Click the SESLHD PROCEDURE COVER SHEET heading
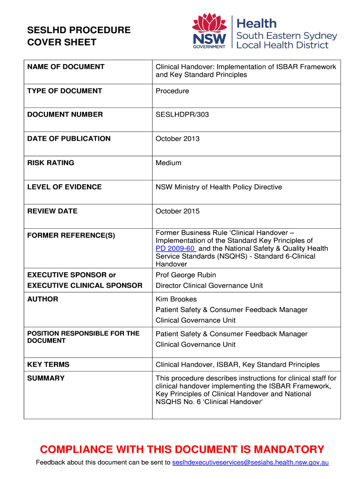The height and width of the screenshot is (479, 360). click(79, 36)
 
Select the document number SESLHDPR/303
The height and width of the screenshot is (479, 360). click(182, 115)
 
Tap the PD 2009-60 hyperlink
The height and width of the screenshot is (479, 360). click(175, 248)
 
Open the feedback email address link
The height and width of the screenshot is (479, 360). click(250, 463)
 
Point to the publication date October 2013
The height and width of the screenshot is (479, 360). click(178, 138)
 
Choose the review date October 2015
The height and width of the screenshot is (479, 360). click(178, 211)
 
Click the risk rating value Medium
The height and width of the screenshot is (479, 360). click(168, 163)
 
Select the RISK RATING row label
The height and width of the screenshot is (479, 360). click(50, 163)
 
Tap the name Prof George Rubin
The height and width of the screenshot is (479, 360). click(186, 275)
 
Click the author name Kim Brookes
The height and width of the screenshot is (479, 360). click(176, 299)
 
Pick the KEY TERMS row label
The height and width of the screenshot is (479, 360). click(48, 364)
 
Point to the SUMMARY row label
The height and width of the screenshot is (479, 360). click(46, 378)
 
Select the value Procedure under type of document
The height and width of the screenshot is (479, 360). click(172, 91)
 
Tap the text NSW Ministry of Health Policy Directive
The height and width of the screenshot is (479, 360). click(219, 187)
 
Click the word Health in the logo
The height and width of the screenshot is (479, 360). click(257, 23)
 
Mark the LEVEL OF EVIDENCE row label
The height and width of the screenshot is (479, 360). click(64, 187)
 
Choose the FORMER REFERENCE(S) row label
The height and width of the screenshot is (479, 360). click(71, 235)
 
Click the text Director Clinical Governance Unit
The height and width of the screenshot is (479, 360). click(209, 285)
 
